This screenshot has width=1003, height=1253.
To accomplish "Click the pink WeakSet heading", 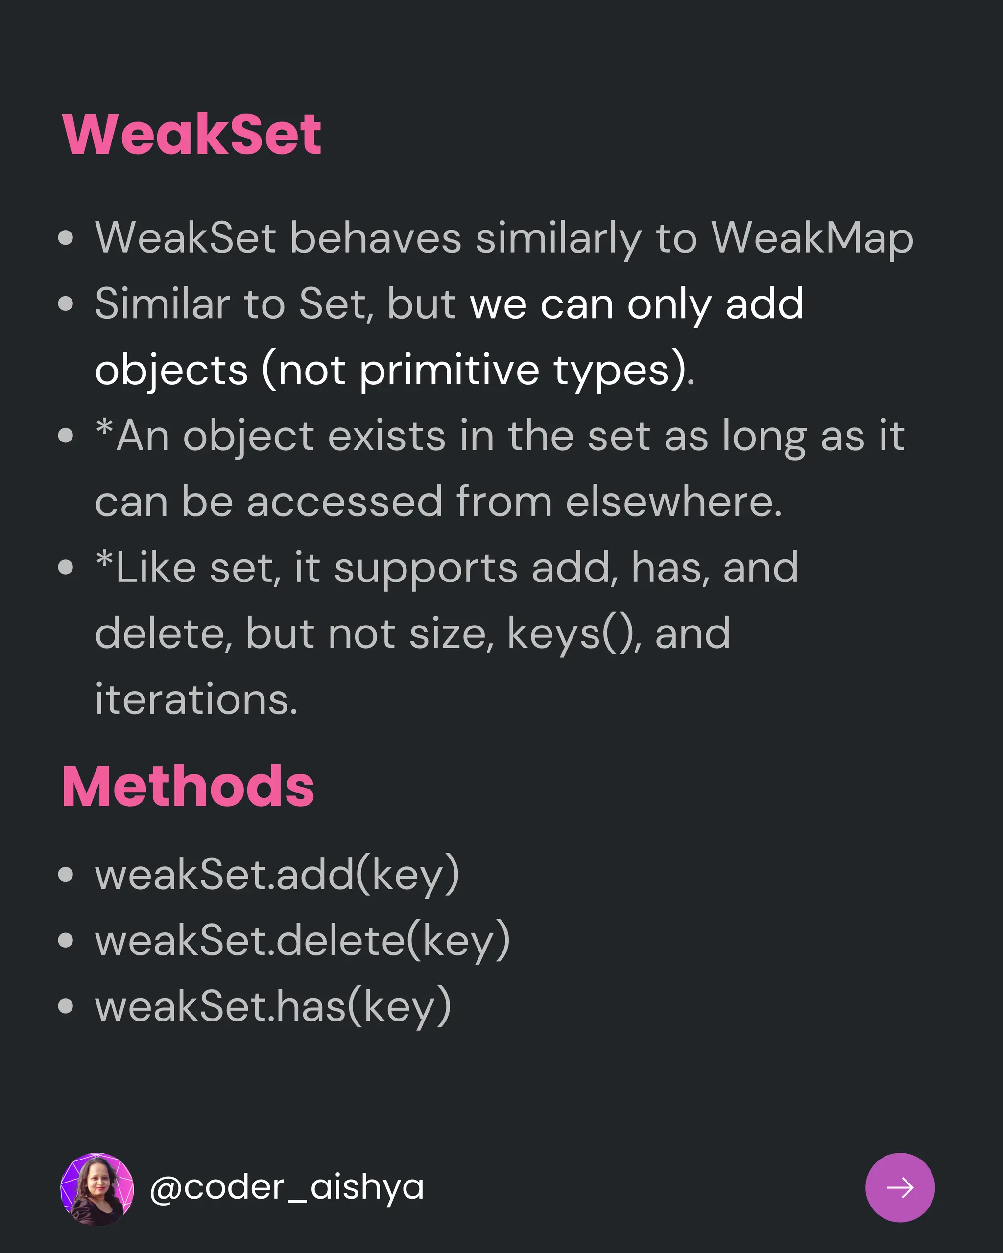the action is (x=191, y=134).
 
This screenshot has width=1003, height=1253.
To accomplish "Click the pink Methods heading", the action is (x=188, y=787).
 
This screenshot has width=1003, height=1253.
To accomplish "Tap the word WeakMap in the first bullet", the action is (x=812, y=238).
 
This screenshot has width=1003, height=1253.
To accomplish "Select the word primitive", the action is (x=450, y=370).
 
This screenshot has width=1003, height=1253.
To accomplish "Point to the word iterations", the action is (x=196, y=698).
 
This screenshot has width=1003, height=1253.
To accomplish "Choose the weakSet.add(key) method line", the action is (x=277, y=874).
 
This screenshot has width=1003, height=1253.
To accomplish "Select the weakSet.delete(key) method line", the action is (x=302, y=940).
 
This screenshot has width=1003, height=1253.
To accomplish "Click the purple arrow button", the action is (x=900, y=1187).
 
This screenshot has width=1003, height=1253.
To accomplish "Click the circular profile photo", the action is (x=97, y=1189).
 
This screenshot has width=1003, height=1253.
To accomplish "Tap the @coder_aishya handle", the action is (x=287, y=1187).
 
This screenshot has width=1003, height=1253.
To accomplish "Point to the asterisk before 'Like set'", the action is (x=105, y=559).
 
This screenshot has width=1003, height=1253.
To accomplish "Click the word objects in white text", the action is (x=171, y=370).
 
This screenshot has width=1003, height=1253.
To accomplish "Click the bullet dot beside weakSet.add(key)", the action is (x=66, y=875).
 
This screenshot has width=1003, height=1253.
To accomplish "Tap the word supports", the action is (x=426, y=568).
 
